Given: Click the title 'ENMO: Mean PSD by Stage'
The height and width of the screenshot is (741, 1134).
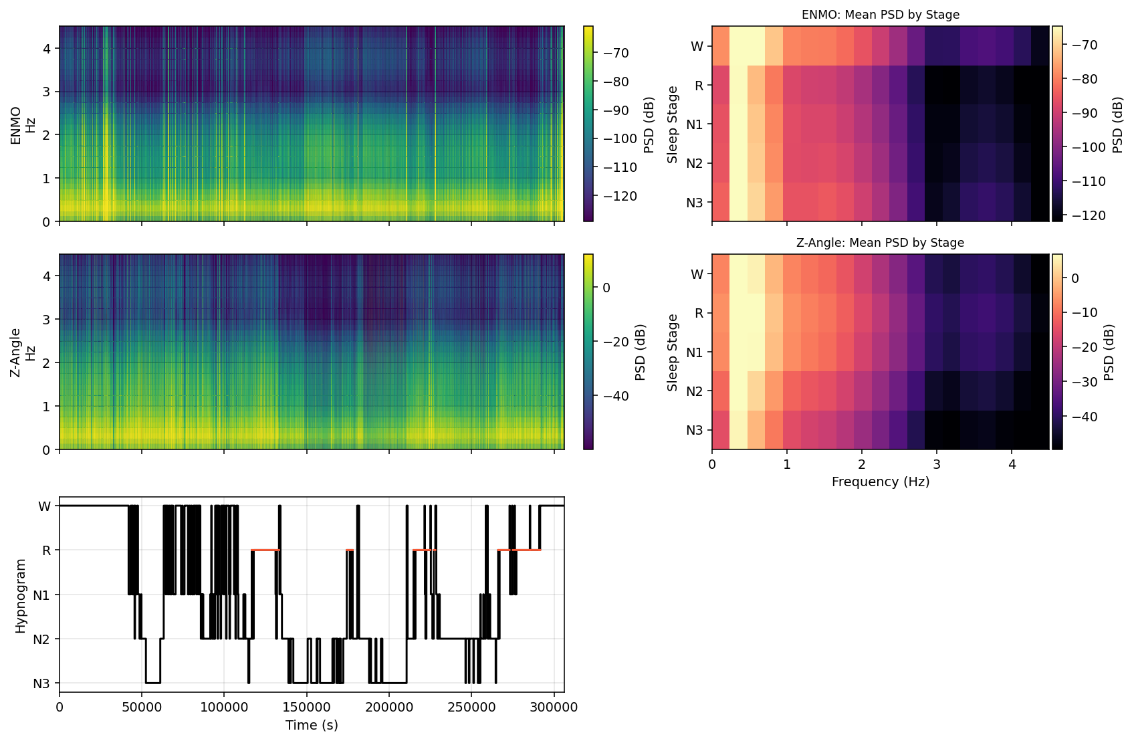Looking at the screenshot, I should [x=880, y=15].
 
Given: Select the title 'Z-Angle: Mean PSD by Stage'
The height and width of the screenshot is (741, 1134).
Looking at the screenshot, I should [x=880, y=243].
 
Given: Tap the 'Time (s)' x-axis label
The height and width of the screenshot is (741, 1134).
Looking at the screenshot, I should [x=312, y=726].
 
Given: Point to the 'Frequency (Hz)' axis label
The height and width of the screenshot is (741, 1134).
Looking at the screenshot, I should [x=880, y=482].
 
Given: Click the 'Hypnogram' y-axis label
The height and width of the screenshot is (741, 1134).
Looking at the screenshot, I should [x=21, y=596].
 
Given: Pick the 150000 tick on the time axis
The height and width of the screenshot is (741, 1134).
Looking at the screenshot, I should [x=306, y=707].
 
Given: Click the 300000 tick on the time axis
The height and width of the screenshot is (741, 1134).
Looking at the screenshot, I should [x=554, y=707].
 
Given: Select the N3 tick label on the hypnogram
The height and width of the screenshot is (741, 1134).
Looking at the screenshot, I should [x=41, y=683].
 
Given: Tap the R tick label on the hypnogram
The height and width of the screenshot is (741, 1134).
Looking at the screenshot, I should [x=46, y=550].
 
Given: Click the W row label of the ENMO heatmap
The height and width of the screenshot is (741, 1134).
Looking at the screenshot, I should [x=697, y=46].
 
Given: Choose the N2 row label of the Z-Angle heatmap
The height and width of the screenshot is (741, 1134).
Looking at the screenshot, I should [x=695, y=391].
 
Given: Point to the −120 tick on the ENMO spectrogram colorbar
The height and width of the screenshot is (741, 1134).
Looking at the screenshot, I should [x=620, y=196].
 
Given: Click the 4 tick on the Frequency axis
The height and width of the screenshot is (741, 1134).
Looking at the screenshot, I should [x=1012, y=465].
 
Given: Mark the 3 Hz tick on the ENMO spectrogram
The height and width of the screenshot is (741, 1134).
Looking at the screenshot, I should [x=47, y=92].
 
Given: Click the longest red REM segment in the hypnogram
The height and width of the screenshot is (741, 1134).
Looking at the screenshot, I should [x=265, y=550].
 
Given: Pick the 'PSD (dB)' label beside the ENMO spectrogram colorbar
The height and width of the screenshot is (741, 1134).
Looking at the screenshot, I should [x=649, y=124].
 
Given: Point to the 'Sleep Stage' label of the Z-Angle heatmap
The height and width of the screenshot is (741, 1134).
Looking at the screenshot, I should [x=673, y=352].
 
